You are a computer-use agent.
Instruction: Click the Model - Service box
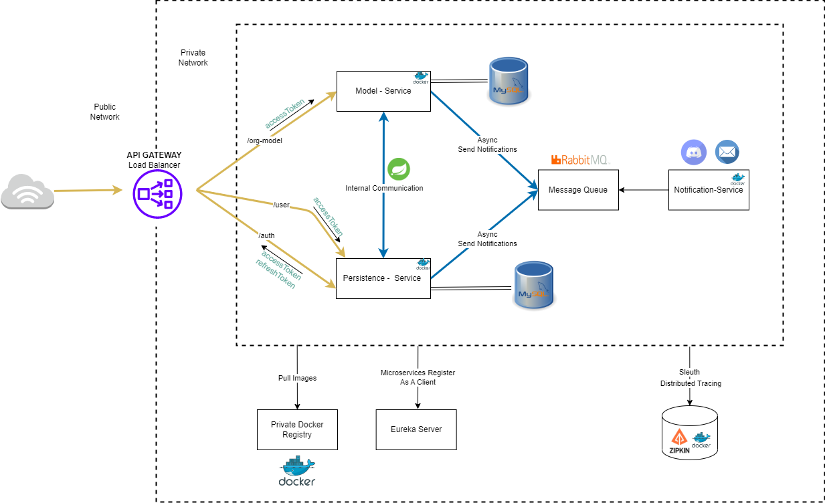click(x=383, y=91)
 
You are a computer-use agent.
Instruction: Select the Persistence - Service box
click(x=382, y=278)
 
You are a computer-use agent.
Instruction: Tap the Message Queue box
click(x=578, y=190)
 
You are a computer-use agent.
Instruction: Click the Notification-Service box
click(x=708, y=190)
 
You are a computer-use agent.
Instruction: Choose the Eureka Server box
click(x=416, y=429)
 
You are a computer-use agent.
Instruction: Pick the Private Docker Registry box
click(x=297, y=429)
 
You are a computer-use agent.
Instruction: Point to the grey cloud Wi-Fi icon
click(x=27, y=192)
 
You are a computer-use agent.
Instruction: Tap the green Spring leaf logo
click(x=399, y=169)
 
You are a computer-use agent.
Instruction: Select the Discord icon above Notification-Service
click(x=694, y=152)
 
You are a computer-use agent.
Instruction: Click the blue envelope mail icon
click(x=727, y=152)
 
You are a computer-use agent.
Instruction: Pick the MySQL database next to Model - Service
click(x=509, y=82)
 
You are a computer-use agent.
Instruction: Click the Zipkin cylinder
click(x=690, y=434)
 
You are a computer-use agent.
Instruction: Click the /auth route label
click(x=266, y=235)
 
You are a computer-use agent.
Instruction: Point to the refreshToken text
click(x=275, y=274)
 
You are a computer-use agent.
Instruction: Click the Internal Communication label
click(x=384, y=188)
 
